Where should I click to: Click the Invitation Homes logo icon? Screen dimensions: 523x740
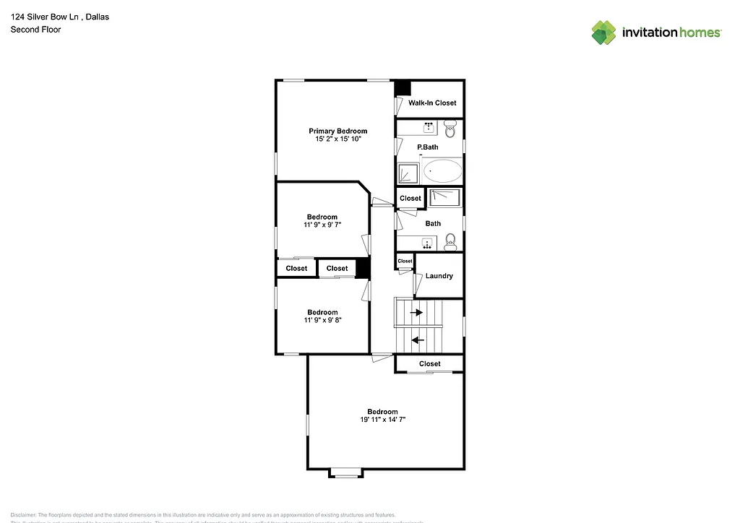pos(604,33)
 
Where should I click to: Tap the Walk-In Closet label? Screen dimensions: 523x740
pos(432,103)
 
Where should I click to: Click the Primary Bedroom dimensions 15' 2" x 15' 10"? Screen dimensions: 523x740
pos(337,139)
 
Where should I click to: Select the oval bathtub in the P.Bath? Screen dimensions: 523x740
pos(442,171)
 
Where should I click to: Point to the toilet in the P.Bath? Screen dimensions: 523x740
pos(449,131)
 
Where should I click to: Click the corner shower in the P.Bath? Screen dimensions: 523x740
pos(408,173)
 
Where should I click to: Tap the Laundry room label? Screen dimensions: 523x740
pos(439,276)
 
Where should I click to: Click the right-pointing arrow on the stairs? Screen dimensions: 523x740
pos(417,313)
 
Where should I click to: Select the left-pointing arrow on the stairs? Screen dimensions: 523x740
pos(417,339)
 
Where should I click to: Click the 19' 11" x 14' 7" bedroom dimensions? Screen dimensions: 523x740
pos(382,420)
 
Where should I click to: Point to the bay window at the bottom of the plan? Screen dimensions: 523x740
pos(345,473)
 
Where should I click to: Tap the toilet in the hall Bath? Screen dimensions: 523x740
pos(449,241)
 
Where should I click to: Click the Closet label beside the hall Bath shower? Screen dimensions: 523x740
pos(410,198)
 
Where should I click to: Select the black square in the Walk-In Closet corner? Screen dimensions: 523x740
pos(402,87)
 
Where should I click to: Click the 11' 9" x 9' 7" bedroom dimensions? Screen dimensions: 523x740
pos(322,225)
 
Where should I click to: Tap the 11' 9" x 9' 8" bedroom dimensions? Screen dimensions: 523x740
pos(322,320)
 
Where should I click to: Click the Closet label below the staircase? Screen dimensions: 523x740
pos(430,363)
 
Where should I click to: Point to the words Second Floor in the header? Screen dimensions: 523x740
pos(35,30)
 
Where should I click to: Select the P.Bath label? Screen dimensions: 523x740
pos(428,147)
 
